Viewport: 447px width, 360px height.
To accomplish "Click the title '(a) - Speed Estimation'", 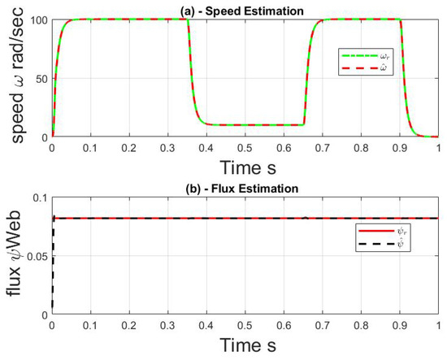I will click(x=247, y=10).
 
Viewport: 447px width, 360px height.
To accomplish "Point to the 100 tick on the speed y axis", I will click(x=38, y=19).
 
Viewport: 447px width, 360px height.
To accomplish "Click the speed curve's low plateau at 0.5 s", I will click(x=247, y=125).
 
